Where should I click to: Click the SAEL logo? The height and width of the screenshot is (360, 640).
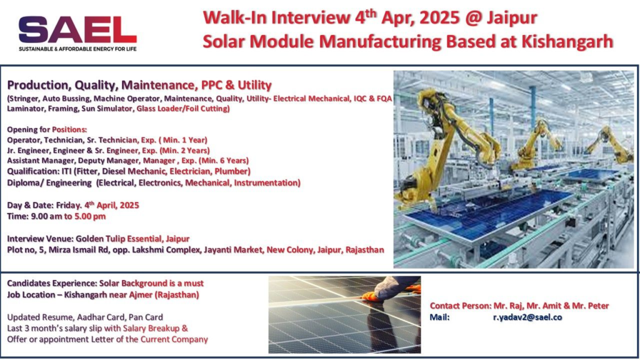pyautogui.click(x=77, y=30)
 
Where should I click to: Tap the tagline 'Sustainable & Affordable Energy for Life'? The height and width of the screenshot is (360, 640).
pyautogui.click(x=77, y=49)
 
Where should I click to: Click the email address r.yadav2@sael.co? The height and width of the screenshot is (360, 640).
pyautogui.click(x=527, y=317)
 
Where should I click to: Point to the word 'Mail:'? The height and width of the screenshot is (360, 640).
pyautogui.click(x=439, y=317)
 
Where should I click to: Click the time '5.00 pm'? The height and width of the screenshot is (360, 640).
pyautogui.click(x=90, y=216)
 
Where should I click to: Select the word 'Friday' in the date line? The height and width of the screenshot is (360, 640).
pyautogui.click(x=68, y=205)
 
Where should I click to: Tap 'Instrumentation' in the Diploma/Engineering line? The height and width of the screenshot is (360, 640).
pyautogui.click(x=267, y=183)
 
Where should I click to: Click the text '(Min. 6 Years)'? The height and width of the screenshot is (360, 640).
pyautogui.click(x=224, y=161)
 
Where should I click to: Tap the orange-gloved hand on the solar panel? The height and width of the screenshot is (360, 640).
pyautogui.click(x=372, y=296)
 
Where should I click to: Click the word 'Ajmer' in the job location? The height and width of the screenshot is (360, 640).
pyautogui.click(x=141, y=295)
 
